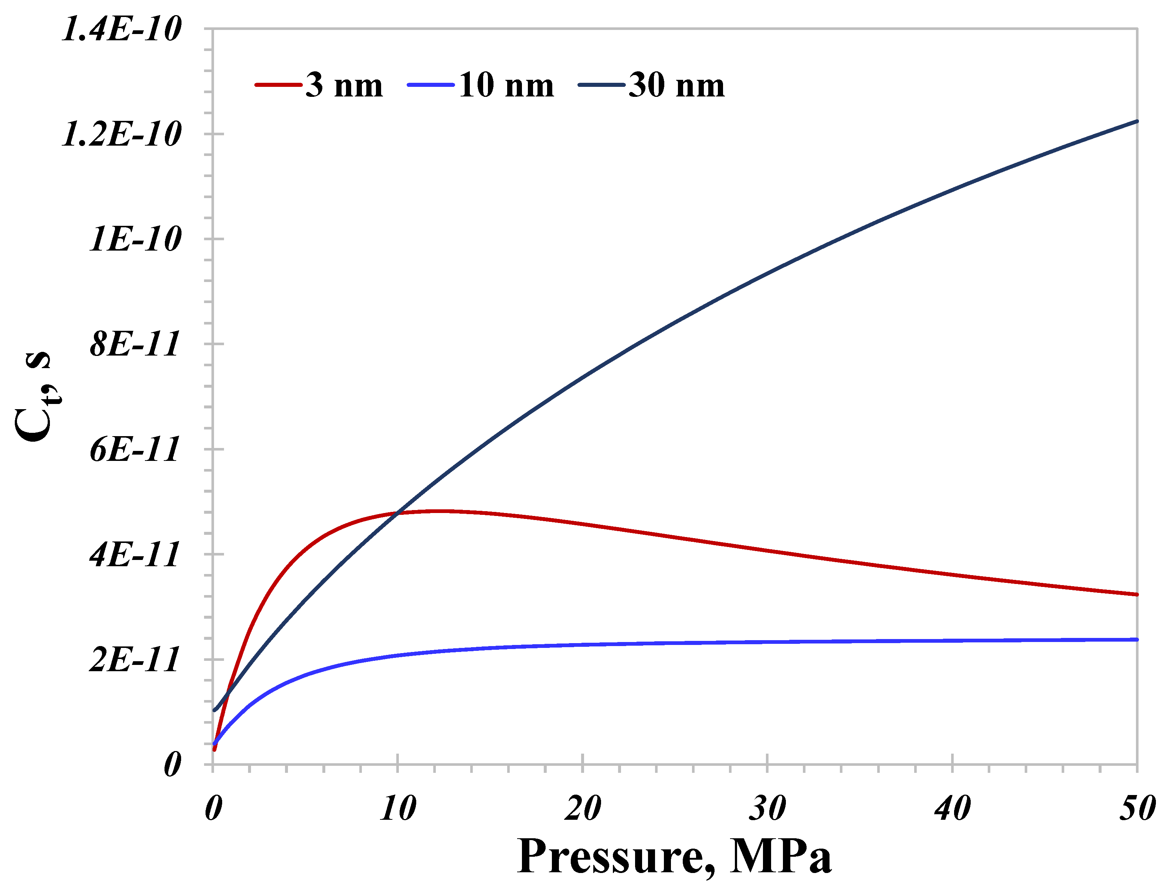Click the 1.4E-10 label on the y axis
(121, 29)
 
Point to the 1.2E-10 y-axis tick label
(121, 135)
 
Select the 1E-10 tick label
(135, 240)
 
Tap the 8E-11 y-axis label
(135, 345)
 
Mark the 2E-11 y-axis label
(135, 660)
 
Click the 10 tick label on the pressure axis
(397, 809)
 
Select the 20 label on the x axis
(582, 809)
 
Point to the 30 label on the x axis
(767, 809)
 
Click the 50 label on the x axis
(1136, 809)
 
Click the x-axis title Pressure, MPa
(674, 857)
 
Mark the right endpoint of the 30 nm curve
(1136, 121)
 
